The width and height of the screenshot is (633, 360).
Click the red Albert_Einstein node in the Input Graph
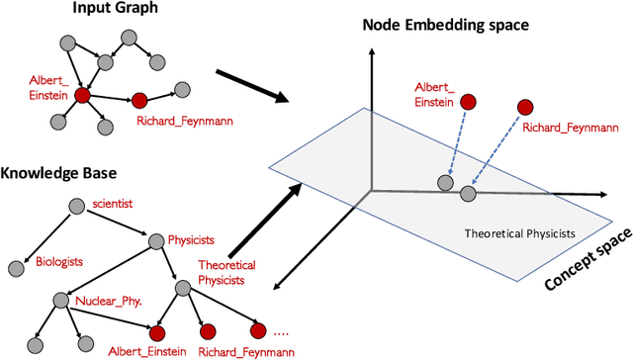coord(82,96)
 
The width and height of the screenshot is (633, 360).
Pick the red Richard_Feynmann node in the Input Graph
coord(139,101)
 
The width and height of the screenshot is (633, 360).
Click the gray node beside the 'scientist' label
coord(77,206)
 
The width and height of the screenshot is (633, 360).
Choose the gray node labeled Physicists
coord(153,240)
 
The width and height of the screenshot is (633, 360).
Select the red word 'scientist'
coord(112,204)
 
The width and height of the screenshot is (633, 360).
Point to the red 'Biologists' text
coord(59,262)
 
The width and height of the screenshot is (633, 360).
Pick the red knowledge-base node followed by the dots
coord(259,330)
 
